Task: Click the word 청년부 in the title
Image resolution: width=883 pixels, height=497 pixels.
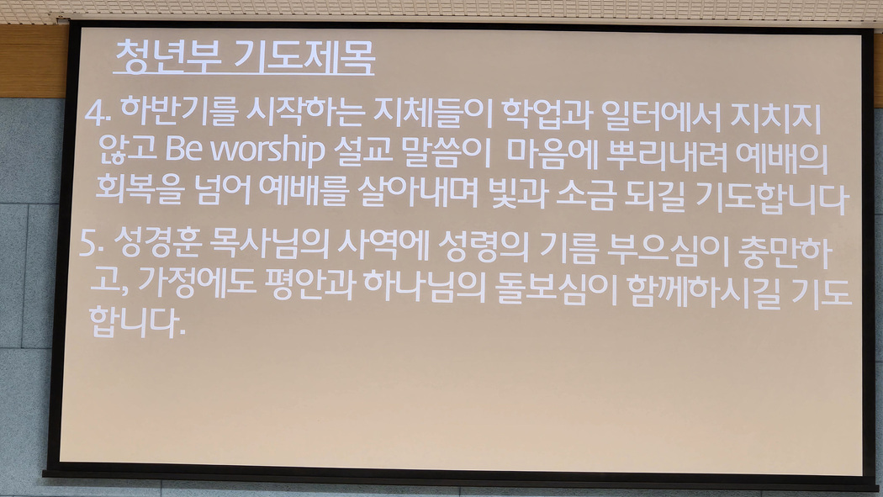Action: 167,56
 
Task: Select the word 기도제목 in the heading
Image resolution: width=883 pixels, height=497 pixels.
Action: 304,57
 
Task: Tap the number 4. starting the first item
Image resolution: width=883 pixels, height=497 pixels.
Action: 97,115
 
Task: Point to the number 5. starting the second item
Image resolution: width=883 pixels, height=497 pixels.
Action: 92,243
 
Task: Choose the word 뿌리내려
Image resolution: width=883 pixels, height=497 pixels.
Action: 668,156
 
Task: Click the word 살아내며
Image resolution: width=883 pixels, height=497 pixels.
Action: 417,192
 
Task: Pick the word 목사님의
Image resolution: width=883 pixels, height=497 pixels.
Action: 268,245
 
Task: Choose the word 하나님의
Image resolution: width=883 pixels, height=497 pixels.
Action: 424,288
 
